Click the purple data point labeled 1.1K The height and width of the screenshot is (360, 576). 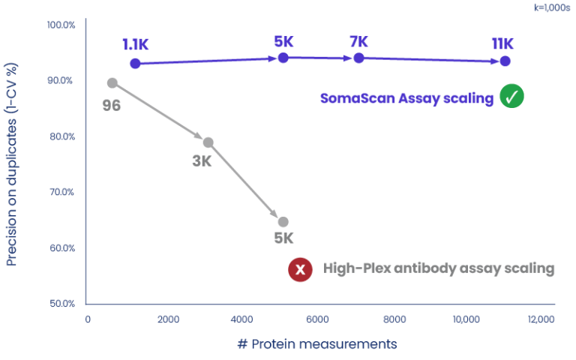(135, 64)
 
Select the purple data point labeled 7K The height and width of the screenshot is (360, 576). (358, 58)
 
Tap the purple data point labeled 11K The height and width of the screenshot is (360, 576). (505, 61)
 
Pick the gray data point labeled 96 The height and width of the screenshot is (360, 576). (112, 82)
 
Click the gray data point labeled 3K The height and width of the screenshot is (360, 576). (208, 142)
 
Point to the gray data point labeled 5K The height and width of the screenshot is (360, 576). (283, 222)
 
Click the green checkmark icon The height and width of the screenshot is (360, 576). (513, 97)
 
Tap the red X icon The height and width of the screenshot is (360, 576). (300, 270)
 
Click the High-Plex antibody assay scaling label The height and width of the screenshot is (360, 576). (439, 268)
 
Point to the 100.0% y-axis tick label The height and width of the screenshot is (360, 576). (61, 25)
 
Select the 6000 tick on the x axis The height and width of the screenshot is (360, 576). (319, 319)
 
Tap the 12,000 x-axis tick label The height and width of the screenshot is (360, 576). (540, 319)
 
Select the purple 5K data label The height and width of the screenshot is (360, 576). (283, 42)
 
